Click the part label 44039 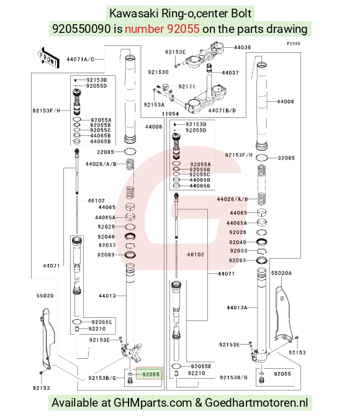pyautogui.click(x=242, y=47)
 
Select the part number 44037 pyautogui.click(x=230, y=73)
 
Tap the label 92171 pyautogui.click(x=187, y=86)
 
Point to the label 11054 pyautogui.click(x=170, y=114)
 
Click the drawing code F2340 pyautogui.click(x=294, y=43)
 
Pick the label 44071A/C pyautogui.click(x=80, y=59)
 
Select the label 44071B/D pyautogui.click(x=222, y=111)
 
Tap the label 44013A pyautogui.click(x=237, y=307)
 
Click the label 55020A pyautogui.click(x=281, y=273)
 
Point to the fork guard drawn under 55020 pyautogui.click(x=47, y=338)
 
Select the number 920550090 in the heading pyautogui.click(x=81, y=29)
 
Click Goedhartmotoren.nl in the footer pyautogui.click(x=256, y=403)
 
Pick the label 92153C pyautogui.click(x=158, y=72)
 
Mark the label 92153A pyautogui.click(x=154, y=104)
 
